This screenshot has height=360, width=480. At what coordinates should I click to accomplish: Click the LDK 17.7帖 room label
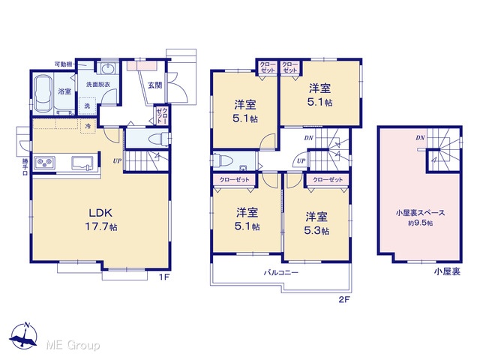point(101,219)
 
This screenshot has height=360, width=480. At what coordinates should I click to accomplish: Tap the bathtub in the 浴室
point(43,94)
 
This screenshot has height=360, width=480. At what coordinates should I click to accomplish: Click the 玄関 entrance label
point(155,85)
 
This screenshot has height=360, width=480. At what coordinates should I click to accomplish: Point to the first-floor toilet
point(158,138)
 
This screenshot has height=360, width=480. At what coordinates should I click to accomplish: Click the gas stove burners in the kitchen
point(45,162)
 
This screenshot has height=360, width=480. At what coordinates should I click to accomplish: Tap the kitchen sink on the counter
point(82,162)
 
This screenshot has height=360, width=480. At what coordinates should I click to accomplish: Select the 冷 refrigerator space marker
point(88,126)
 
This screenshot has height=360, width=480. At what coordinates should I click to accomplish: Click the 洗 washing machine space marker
point(87,106)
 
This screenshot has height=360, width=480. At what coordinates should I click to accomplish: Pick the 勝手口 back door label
point(25,166)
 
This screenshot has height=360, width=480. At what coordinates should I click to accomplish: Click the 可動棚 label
point(63,64)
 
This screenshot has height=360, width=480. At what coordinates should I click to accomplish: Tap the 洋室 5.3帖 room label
point(316,223)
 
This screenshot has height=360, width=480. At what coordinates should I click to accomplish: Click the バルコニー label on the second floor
point(281,272)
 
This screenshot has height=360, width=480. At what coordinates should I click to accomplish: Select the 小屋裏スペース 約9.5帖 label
point(420,217)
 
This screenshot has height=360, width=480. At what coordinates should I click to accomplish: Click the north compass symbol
point(23,335)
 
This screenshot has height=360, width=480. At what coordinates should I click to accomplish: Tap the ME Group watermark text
point(73,346)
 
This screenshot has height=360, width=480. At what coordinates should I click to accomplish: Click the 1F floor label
point(164,277)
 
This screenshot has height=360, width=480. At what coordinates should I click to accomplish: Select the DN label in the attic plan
point(420,138)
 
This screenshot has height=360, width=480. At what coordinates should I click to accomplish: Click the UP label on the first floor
point(117,161)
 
